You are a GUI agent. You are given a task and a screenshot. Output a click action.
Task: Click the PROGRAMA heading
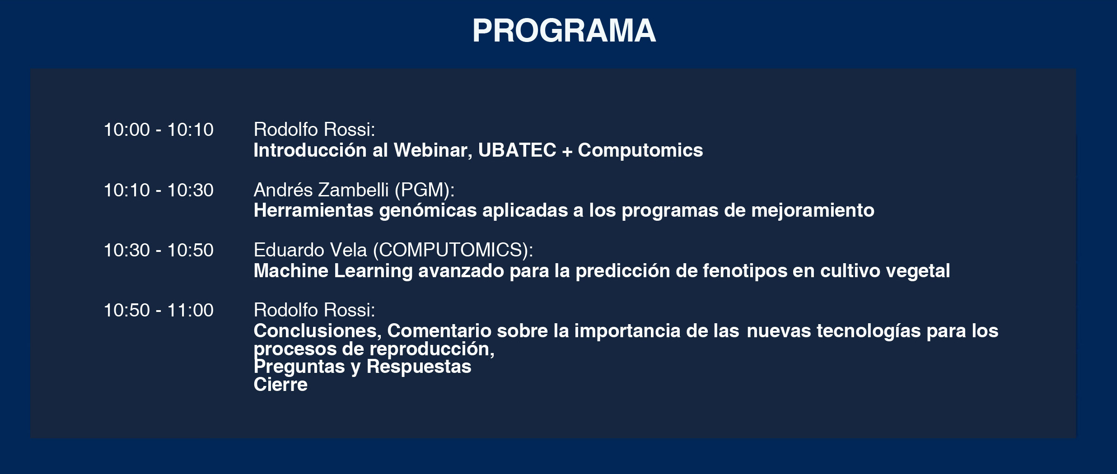tap(564, 31)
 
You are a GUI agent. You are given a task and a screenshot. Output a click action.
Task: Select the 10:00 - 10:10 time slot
tap(159, 130)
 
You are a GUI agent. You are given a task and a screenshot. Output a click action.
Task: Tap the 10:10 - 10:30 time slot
tap(159, 190)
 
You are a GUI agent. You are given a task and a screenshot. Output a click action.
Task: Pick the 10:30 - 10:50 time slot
tap(159, 250)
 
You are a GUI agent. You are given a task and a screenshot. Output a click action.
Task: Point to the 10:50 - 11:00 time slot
tap(159, 310)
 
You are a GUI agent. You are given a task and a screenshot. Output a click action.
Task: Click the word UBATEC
tap(517, 150)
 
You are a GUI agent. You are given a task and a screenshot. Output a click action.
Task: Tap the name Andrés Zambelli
tap(321, 190)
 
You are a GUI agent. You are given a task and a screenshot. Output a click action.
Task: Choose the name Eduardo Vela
tap(310, 250)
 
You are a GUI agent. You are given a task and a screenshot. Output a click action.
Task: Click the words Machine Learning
tap(333, 271)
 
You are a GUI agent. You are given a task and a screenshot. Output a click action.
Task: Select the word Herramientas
tap(313, 210)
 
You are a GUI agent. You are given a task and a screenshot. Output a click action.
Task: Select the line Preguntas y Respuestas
tap(362, 367)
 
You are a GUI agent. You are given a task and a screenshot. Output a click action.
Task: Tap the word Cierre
tap(280, 385)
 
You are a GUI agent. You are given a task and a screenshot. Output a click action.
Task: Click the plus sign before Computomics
tap(567, 151)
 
